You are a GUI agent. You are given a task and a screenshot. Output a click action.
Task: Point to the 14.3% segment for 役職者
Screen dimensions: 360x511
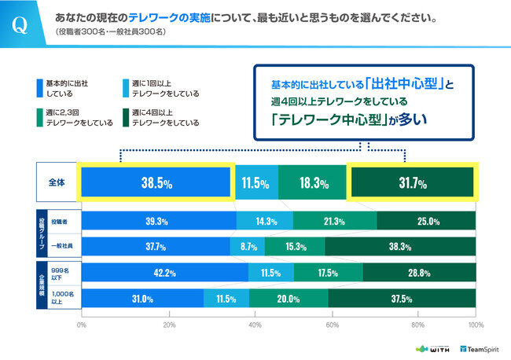point(264,222)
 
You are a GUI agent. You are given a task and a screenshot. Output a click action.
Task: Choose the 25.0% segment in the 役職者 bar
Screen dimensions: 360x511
point(425,222)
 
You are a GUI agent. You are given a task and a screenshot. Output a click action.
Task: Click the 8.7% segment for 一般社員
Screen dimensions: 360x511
point(250,247)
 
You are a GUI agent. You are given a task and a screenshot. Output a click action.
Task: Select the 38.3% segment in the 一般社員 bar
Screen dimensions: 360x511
point(399,247)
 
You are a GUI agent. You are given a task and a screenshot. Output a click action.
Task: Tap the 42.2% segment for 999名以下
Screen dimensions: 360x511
point(164,273)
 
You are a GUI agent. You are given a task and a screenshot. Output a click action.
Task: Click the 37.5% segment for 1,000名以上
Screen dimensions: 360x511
point(402,298)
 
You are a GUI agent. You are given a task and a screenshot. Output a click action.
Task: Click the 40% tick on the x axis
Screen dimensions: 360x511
point(255,323)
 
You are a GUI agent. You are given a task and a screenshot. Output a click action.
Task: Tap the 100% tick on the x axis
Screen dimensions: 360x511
point(475,323)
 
